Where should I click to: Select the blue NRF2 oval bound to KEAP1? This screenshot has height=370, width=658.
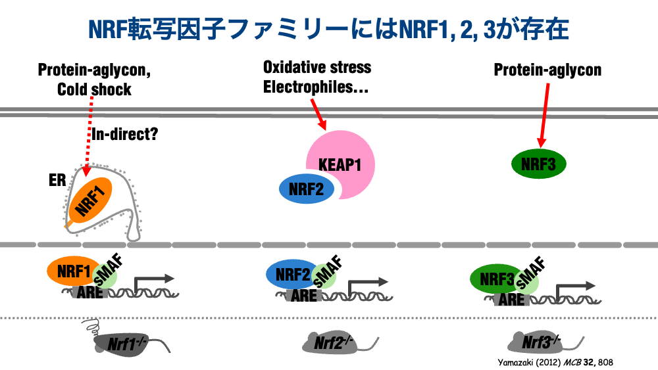click(x=307, y=188)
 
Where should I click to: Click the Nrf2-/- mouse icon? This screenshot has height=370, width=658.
click(x=335, y=341)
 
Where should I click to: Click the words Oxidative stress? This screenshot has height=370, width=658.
click(x=316, y=67)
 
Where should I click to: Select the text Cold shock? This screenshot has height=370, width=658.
click(x=94, y=89)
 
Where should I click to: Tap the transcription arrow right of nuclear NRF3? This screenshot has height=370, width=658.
click(x=575, y=287)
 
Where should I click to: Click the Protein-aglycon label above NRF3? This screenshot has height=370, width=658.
click(x=547, y=70)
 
